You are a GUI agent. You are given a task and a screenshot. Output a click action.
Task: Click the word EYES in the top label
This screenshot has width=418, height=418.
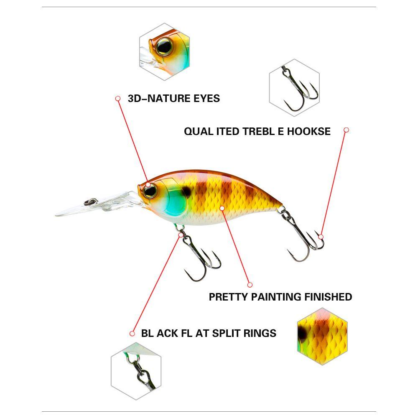point(206,98)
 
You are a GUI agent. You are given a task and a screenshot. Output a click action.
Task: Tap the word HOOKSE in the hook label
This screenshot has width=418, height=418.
point(309,131)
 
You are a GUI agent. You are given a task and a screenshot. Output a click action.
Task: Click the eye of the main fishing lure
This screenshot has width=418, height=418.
point(150,191)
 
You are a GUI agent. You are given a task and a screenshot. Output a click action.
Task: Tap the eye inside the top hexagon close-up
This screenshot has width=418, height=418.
point(164,47)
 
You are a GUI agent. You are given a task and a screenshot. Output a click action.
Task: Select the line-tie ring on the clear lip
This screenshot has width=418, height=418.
point(91,201)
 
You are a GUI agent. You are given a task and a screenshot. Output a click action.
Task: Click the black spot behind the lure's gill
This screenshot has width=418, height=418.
point(186,191)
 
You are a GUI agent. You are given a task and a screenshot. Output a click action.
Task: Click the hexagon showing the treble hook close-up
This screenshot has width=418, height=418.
point(294,88)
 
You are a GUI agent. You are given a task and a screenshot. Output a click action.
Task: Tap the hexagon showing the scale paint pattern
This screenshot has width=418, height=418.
point(322,336)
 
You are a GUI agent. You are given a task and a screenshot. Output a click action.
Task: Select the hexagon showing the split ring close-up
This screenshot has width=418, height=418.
point(136,371)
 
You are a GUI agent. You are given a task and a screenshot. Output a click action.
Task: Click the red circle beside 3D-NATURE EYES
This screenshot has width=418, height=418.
point(118,99)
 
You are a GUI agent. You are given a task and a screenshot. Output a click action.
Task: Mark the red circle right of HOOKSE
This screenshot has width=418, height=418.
point(346,130)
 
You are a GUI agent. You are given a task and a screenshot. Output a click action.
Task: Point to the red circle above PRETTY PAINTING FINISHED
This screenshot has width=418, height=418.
point(250,285)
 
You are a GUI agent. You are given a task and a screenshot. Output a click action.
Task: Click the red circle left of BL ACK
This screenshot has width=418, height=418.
point(132,334)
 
